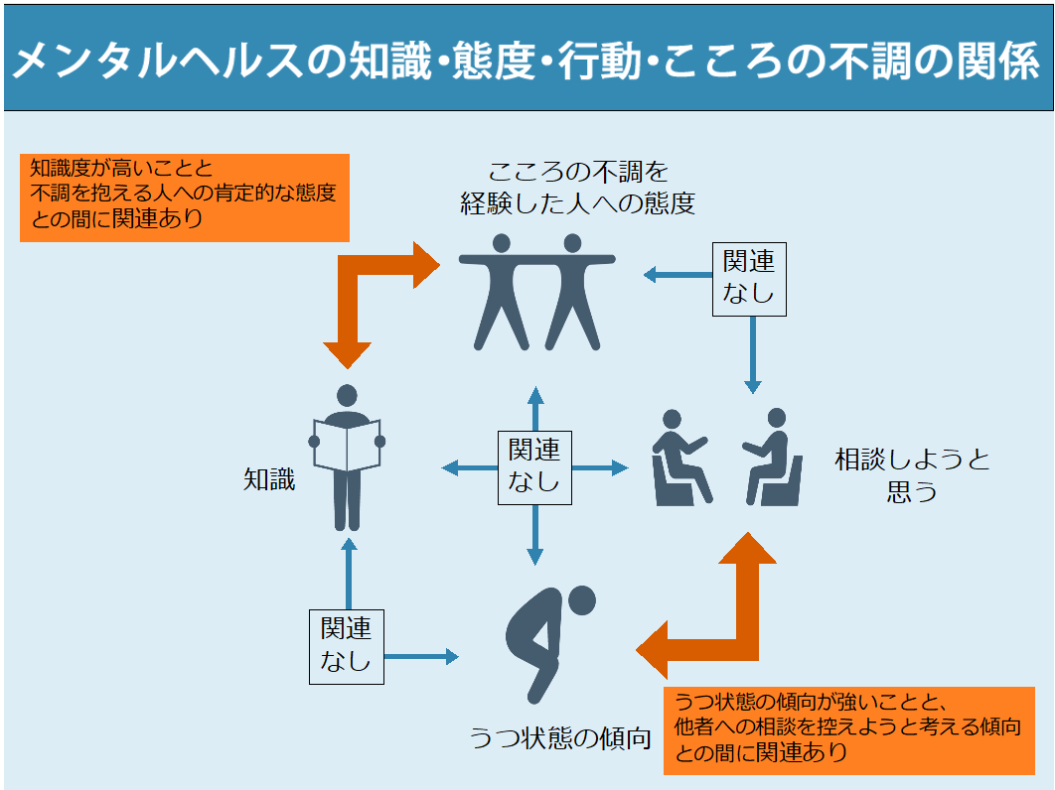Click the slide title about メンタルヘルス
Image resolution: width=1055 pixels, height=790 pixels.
click(527, 60)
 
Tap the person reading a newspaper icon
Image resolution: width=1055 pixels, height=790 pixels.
click(346, 457)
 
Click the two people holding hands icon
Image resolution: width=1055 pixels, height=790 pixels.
click(536, 290)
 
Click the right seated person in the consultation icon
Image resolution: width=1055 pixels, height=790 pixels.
click(771, 457)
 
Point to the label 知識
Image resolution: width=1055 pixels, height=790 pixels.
click(269, 480)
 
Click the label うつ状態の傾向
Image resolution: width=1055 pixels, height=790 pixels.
click(560, 738)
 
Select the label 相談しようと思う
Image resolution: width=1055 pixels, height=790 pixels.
click(912, 474)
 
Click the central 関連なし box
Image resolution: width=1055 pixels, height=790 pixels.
click(534, 466)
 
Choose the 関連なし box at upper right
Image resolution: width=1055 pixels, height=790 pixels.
click(749, 279)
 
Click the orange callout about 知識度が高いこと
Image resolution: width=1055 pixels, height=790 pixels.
click(185, 197)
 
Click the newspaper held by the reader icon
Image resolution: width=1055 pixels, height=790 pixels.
click(346, 447)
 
